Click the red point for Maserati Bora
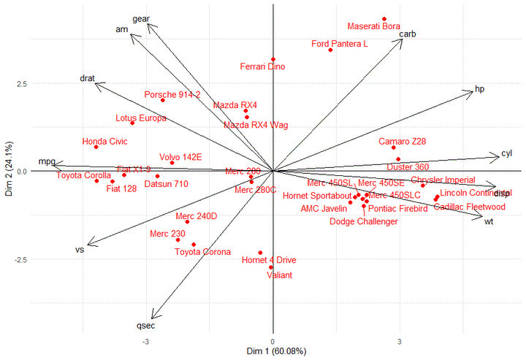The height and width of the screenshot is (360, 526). (x=384, y=19)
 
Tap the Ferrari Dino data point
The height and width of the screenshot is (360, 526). (x=273, y=60)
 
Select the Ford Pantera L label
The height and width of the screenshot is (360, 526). (x=340, y=44)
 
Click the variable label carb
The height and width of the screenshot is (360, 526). (x=408, y=34)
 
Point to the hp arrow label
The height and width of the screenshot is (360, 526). (x=480, y=89)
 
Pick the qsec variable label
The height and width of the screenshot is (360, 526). (x=146, y=325)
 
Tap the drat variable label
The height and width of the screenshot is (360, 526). (x=88, y=78)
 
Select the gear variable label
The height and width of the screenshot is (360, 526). (x=140, y=18)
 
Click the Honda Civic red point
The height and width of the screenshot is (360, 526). (x=96, y=147)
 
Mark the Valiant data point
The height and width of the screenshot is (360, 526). (x=271, y=267)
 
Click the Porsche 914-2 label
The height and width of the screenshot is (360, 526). (x=172, y=95)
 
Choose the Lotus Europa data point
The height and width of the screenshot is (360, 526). (x=132, y=123)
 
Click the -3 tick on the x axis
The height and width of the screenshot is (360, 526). (x=146, y=342)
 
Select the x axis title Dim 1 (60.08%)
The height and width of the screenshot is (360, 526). (x=272, y=353)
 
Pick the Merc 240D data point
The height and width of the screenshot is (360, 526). (x=187, y=222)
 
